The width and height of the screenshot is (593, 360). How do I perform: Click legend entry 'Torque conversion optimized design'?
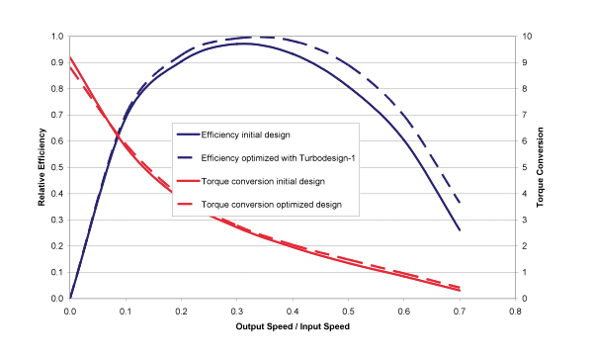pos(271,205)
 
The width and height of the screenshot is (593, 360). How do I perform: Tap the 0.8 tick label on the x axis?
pos(516,310)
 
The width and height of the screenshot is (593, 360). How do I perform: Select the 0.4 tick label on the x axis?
pos(293,310)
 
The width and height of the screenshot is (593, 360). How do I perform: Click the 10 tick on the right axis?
pos(528,37)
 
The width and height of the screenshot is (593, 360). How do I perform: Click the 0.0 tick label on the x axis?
pos(70,310)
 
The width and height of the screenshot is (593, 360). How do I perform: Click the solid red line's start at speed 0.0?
pos(70,57)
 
